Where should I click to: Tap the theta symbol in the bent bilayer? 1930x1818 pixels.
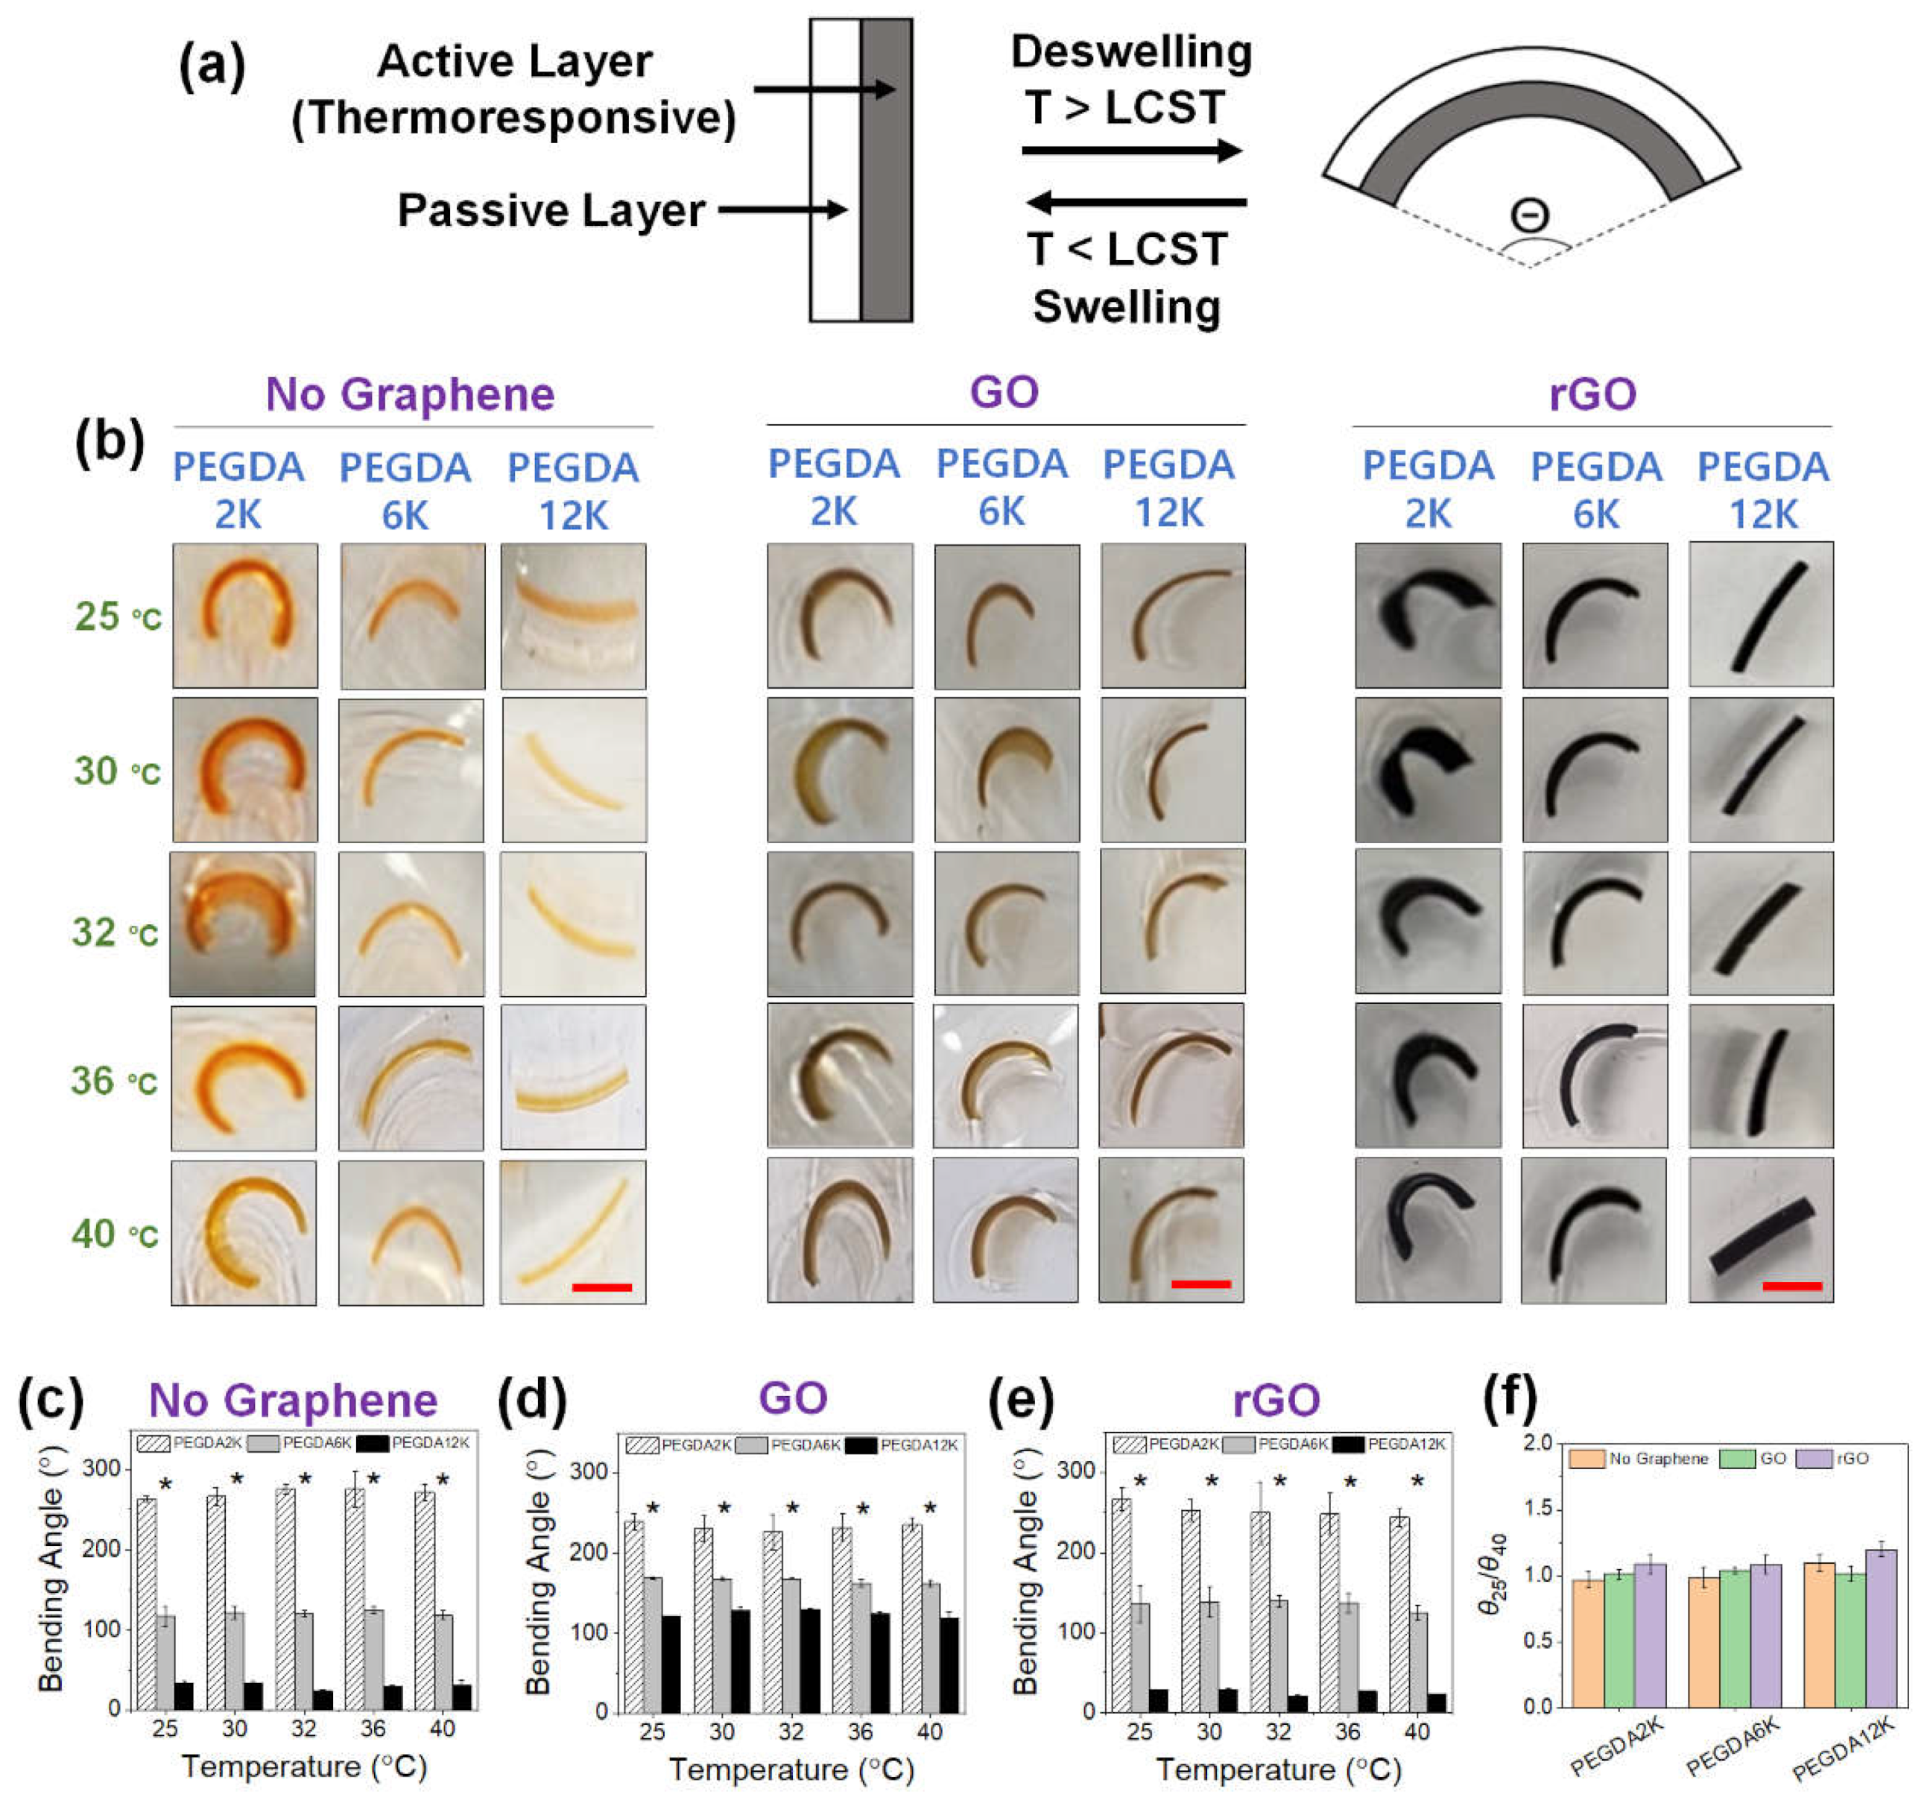click(x=1531, y=215)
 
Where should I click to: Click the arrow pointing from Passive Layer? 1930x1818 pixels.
click(x=782, y=209)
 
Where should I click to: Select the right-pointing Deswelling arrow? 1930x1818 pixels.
click(x=1132, y=151)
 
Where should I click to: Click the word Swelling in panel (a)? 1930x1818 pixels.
click(x=1126, y=307)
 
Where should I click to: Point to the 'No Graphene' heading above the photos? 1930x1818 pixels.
click(x=410, y=394)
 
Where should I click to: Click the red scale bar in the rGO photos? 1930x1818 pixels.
click(x=1791, y=1286)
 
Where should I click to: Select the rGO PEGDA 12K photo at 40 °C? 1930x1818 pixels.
click(x=1761, y=1229)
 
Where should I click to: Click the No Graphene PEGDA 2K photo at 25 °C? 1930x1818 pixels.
click(x=244, y=616)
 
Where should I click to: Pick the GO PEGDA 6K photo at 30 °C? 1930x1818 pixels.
click(x=1007, y=769)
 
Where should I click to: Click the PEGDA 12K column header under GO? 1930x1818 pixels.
click(x=1169, y=488)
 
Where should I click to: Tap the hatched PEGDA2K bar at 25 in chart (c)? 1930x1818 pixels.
click(x=147, y=1604)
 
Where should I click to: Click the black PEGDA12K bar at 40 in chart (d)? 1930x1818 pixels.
click(x=949, y=1664)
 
